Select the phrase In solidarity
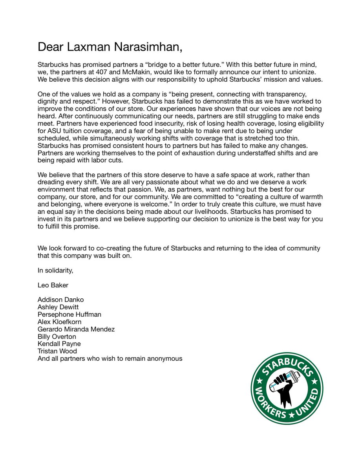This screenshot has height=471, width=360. [x=55, y=270]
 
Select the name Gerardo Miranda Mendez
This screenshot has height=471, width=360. [x=76, y=329]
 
